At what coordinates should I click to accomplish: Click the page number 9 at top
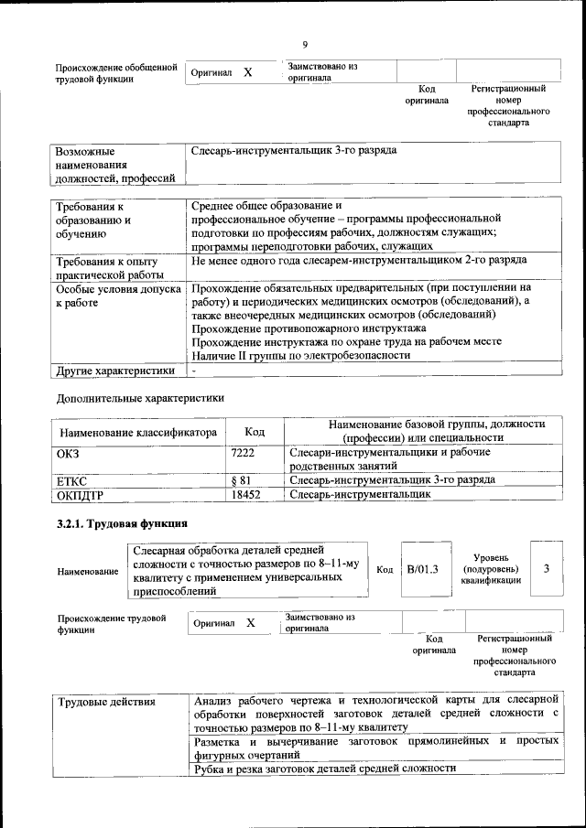305,44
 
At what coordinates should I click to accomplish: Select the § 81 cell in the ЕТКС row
241,479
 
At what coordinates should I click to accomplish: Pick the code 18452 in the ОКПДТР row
246,494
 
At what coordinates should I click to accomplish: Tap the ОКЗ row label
69,452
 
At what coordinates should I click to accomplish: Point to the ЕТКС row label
72,479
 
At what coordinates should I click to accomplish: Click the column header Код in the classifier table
255,431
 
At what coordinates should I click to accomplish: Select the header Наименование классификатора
138,432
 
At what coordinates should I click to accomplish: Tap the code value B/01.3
423,569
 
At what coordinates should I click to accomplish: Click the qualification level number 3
546,569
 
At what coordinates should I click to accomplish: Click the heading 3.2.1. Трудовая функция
122,524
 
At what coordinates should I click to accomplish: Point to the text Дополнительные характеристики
139,398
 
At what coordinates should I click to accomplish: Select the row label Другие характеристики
114,371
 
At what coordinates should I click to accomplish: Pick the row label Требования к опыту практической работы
106,268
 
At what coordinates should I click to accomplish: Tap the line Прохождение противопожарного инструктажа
309,328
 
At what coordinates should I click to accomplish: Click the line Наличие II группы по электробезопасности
301,355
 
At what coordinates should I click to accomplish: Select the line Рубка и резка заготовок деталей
325,769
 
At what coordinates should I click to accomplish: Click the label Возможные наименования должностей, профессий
114,163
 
